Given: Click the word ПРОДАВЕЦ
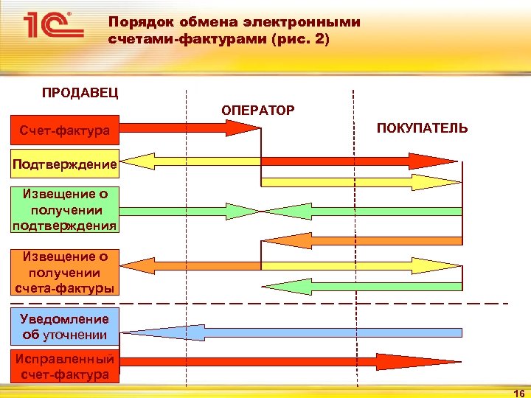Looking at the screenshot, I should point(80,93).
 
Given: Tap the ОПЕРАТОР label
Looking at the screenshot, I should point(257,110).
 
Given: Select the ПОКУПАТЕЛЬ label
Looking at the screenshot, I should point(422,128).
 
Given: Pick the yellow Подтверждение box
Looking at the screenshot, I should point(64,164).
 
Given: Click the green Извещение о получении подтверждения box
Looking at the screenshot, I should point(64,210).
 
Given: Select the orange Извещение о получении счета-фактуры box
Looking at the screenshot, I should point(64,271).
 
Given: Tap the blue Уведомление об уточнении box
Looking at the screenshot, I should point(64,327).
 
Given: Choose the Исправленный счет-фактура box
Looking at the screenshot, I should point(64,367).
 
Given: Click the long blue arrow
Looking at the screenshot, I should point(295,332).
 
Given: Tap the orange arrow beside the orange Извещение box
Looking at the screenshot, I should point(189,264).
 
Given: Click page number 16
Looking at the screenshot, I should point(518,393).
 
